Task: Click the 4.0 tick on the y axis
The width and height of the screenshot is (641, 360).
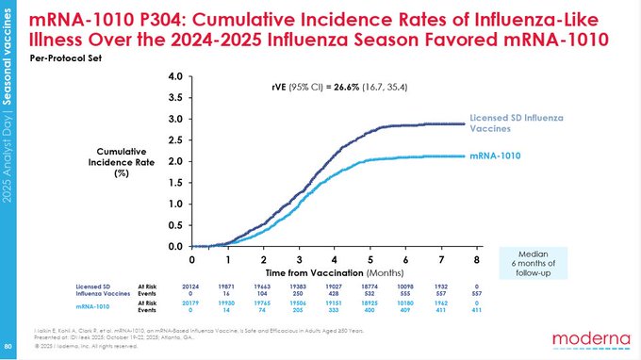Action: click(174, 77)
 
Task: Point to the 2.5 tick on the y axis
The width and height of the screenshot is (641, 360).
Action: click(174, 140)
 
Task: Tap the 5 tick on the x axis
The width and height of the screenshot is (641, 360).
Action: click(369, 259)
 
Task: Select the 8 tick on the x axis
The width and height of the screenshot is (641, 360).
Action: click(476, 259)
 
